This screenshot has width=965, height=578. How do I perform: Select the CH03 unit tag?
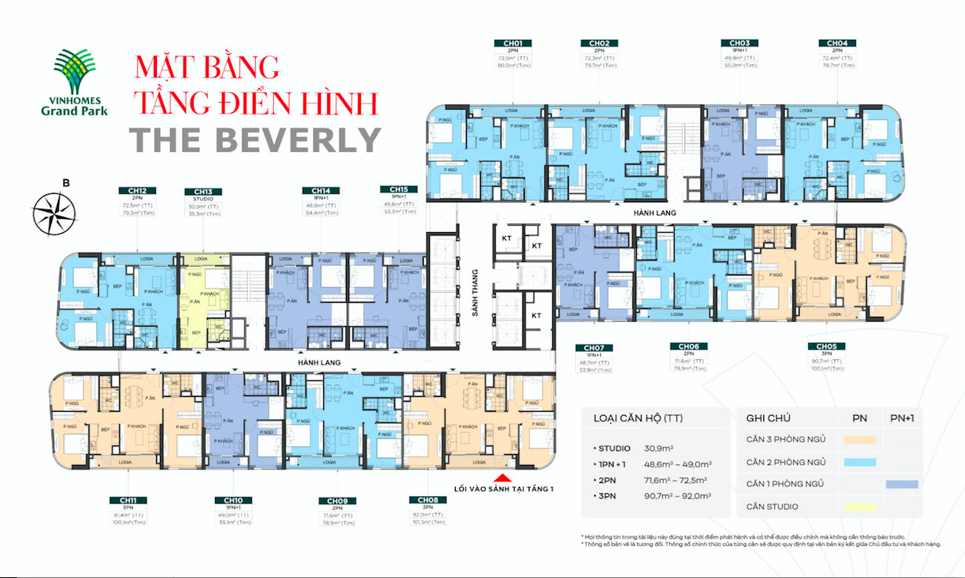point(738,43)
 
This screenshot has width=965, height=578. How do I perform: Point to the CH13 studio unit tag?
point(203,191)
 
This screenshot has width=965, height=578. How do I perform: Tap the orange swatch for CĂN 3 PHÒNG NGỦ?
point(860,439)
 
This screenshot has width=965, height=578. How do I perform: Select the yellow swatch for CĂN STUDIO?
point(860,507)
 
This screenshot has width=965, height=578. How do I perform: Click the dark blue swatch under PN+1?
point(901,484)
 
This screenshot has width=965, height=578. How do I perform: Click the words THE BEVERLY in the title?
point(255,140)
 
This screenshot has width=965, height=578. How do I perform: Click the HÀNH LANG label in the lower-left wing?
point(318,364)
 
